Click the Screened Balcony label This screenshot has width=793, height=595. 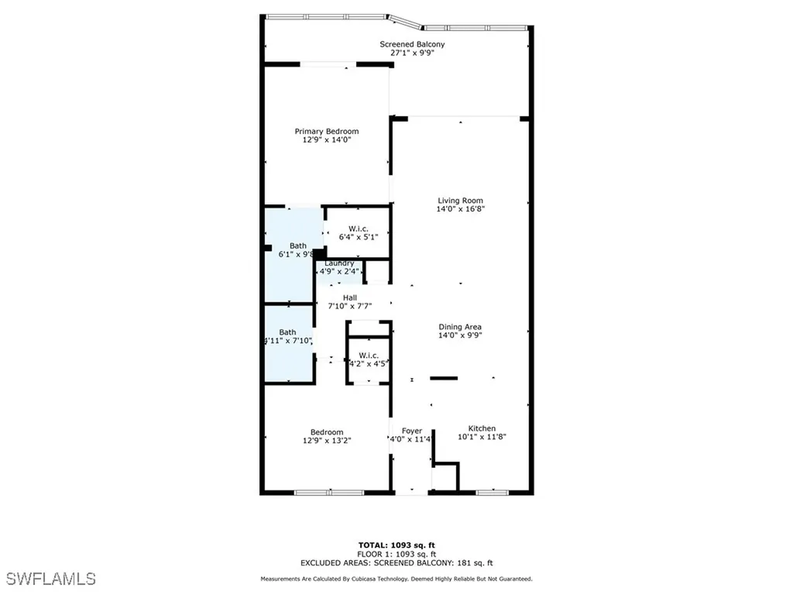[412, 44]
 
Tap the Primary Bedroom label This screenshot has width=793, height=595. [326, 132]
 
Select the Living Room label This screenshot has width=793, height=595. [460, 201]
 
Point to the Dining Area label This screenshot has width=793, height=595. [460, 327]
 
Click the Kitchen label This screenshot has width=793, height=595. [482, 428]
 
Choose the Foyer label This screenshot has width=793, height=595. [411, 431]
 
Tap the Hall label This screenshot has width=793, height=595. [350, 297]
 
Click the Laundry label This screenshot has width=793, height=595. [339, 263]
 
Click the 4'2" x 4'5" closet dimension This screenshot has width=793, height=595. [368, 363]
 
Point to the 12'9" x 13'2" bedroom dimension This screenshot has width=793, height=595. [326, 441]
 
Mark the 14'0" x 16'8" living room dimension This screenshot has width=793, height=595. [460, 209]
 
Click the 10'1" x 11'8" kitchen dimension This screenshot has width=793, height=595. [482, 437]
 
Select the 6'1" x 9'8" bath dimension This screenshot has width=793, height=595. [296, 254]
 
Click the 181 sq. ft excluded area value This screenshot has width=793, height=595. [477, 563]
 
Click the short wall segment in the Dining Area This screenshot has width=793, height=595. [444, 378]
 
